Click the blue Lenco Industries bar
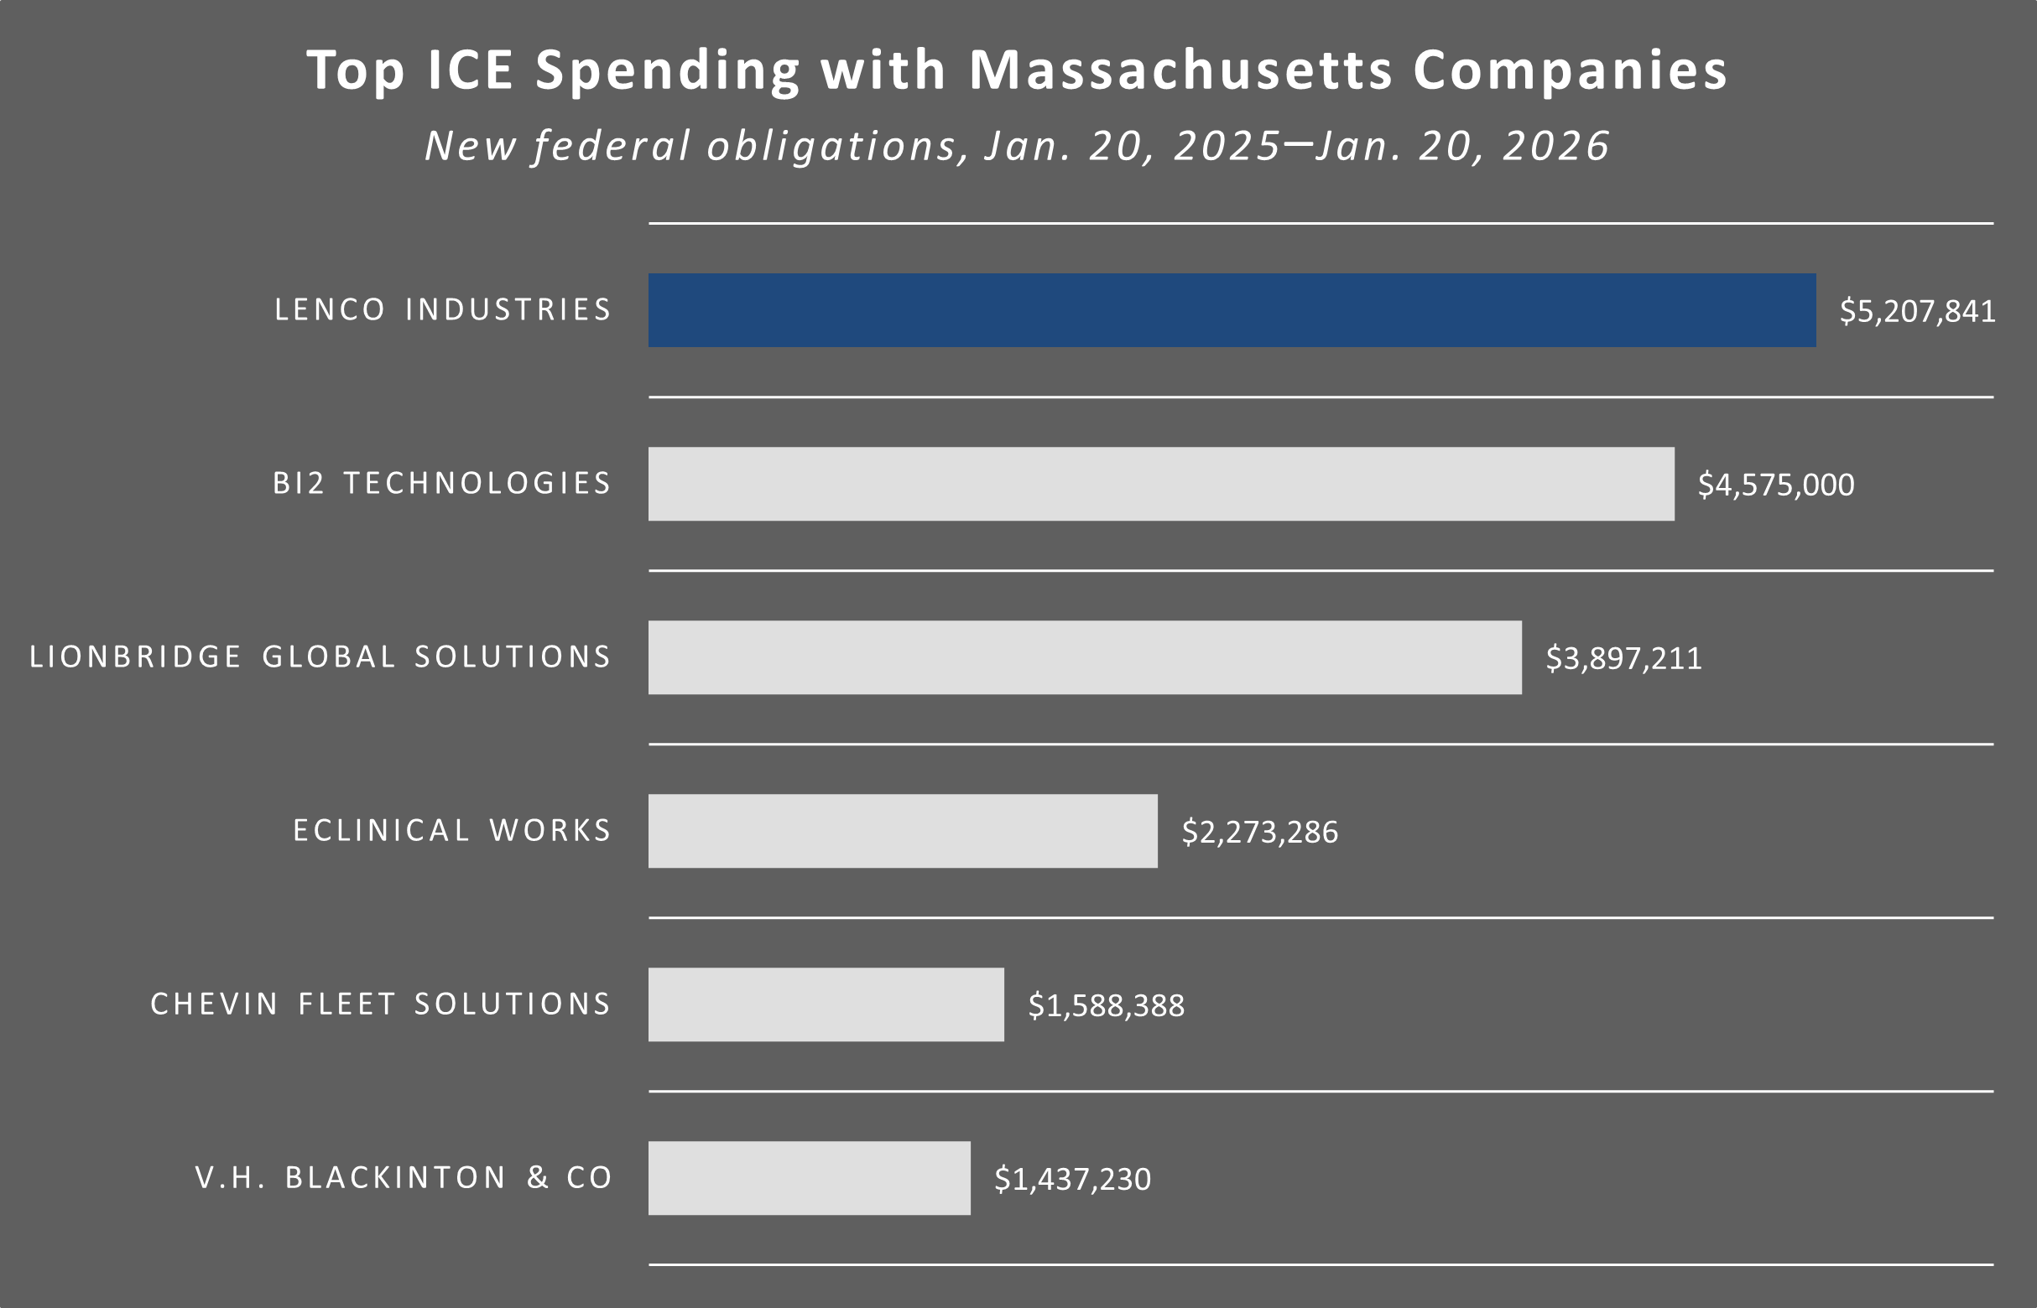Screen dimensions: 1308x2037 (1232, 310)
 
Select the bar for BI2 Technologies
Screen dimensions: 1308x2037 (1161, 484)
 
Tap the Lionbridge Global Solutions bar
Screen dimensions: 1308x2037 (1085, 657)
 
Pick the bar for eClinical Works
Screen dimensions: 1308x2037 (903, 831)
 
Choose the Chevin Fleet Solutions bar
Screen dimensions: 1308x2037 (826, 1004)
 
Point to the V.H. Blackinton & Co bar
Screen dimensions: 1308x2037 (809, 1178)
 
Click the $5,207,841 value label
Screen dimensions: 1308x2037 (1917, 311)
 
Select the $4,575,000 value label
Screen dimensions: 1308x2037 (1776, 485)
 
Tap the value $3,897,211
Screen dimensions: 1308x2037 (1623, 658)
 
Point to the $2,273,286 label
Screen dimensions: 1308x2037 (1259, 833)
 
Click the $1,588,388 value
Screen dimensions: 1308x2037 (1106, 1005)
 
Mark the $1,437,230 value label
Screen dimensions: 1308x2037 (1072, 1179)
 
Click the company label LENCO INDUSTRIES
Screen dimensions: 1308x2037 (443, 310)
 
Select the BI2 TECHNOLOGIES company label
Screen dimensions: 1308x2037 (442, 483)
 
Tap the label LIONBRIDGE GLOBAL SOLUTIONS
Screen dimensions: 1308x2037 (320, 657)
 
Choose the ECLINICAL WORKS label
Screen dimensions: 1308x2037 (452, 831)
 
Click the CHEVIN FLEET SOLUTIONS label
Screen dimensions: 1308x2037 (381, 1004)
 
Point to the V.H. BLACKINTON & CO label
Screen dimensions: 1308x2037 (404, 1178)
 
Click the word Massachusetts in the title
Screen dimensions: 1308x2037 (1181, 70)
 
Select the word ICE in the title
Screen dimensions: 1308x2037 (470, 70)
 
